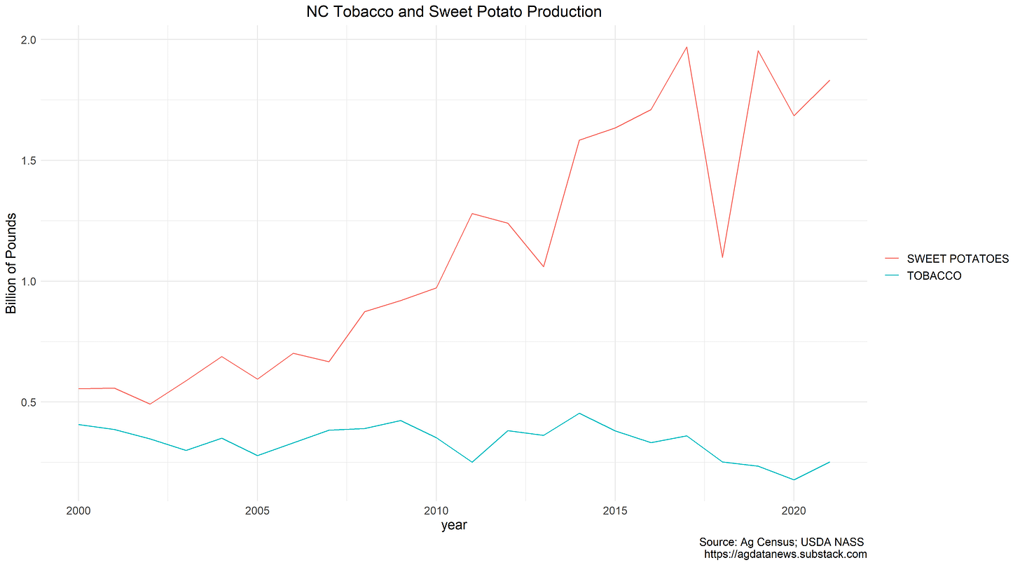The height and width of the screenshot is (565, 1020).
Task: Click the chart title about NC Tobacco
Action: point(454,12)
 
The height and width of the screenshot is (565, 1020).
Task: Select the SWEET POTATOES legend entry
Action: point(957,259)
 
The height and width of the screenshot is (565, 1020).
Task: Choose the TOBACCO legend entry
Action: point(934,275)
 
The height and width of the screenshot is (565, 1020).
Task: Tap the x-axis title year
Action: point(454,525)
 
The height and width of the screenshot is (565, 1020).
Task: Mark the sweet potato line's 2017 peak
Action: point(687,47)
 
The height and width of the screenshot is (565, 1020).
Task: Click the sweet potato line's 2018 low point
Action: point(722,257)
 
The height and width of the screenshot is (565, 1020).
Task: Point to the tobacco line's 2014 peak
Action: point(579,413)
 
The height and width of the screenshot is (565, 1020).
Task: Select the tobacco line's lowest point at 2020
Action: point(794,479)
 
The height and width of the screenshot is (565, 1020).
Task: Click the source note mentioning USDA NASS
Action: point(782,542)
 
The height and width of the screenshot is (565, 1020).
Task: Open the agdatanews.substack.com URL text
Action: point(785,554)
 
